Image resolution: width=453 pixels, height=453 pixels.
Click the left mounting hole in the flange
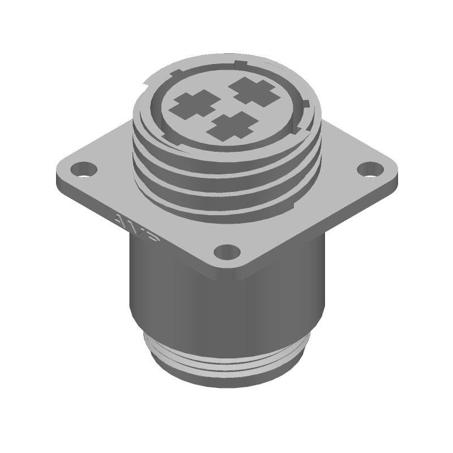(84, 168)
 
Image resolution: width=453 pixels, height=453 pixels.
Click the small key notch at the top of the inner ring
(241, 63)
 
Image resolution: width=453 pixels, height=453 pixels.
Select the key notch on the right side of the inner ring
(305, 105)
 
